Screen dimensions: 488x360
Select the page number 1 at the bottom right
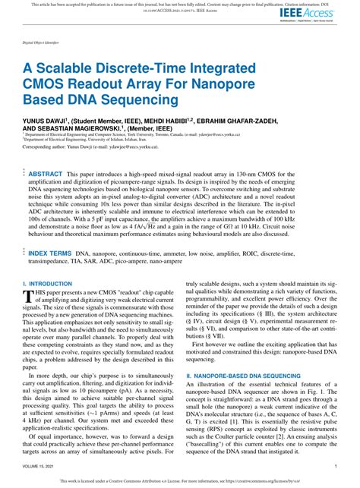335,467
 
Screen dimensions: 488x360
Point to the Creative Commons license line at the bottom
179,479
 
